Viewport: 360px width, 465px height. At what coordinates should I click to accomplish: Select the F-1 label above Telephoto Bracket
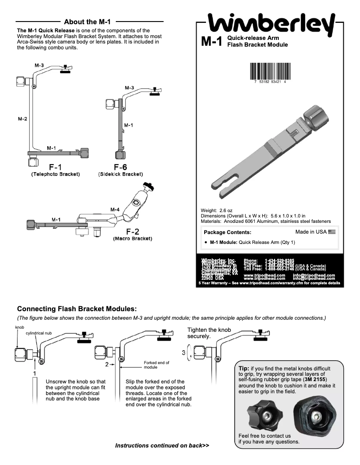[55, 167]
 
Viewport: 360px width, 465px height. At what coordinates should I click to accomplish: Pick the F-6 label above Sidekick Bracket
[120, 167]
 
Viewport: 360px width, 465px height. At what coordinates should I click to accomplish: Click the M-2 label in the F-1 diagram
[22, 119]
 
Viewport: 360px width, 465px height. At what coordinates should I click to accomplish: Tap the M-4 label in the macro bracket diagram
[115, 209]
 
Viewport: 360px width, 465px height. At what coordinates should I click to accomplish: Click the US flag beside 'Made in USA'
[332, 232]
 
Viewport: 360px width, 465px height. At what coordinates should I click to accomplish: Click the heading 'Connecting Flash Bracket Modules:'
[77, 309]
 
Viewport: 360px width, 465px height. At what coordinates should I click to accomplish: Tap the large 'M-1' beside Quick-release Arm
[212, 42]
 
